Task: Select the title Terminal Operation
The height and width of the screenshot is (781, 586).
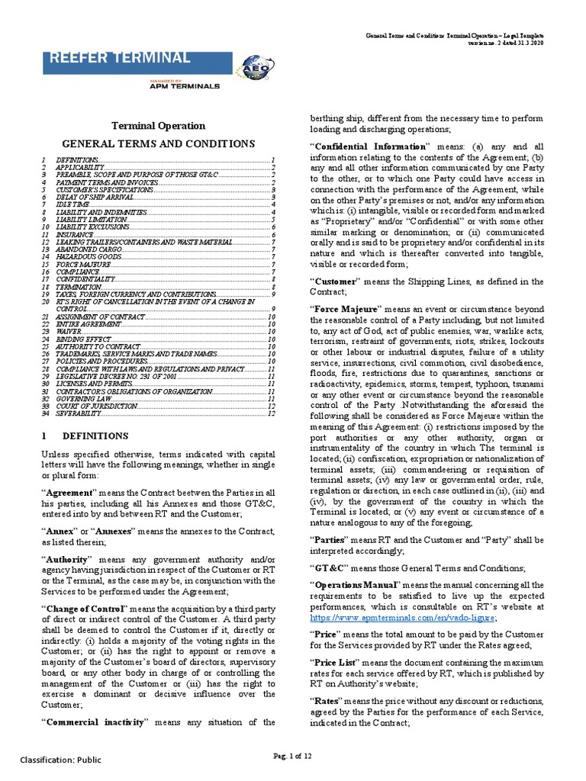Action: [x=159, y=126]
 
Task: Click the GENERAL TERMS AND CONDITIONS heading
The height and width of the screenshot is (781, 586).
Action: [x=158, y=143]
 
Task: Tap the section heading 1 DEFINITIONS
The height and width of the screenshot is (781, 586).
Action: [x=85, y=435]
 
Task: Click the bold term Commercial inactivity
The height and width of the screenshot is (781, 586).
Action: [x=95, y=721]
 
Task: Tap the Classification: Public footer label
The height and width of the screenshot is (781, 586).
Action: [x=60, y=760]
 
